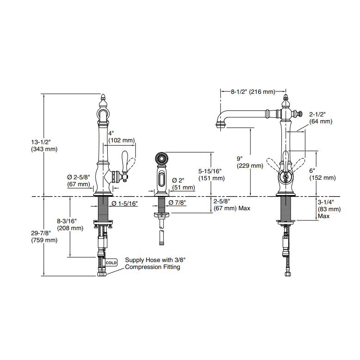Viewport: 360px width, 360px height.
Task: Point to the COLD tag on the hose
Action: click(111, 262)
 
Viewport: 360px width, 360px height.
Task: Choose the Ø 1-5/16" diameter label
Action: click(124, 203)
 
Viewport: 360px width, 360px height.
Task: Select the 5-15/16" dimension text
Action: click(211, 174)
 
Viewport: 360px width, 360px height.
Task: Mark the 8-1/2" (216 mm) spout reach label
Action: click(253, 92)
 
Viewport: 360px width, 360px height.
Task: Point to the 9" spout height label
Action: click(243, 161)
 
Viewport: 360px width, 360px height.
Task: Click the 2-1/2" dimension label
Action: click(320, 117)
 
